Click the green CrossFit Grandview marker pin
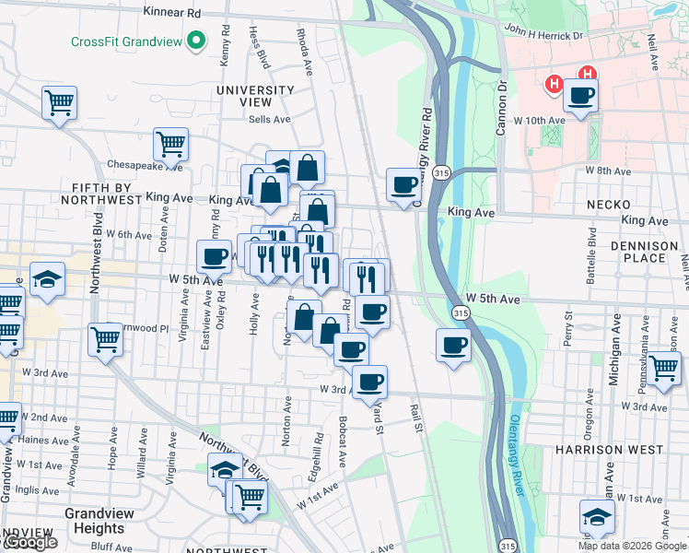pyautogui.click(x=195, y=42)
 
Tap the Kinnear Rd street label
pyautogui.click(x=173, y=14)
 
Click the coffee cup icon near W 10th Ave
pyautogui.click(x=580, y=96)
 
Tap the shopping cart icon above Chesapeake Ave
pyautogui.click(x=170, y=144)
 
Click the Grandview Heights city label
pyautogui.click(x=94, y=521)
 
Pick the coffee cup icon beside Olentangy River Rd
pyautogui.click(x=403, y=184)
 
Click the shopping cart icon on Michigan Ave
pyautogui.click(x=663, y=368)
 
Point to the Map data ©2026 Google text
pyautogui.click(x=631, y=546)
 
